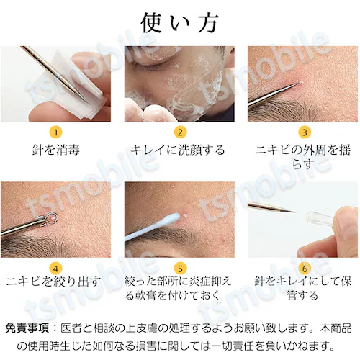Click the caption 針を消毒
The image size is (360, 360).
[x=55, y=150]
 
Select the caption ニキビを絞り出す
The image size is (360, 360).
[x=55, y=282]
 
